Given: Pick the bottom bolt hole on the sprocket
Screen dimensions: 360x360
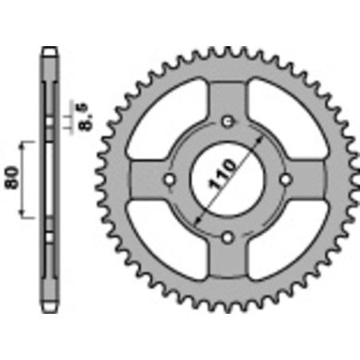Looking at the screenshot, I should [x=229, y=237].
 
